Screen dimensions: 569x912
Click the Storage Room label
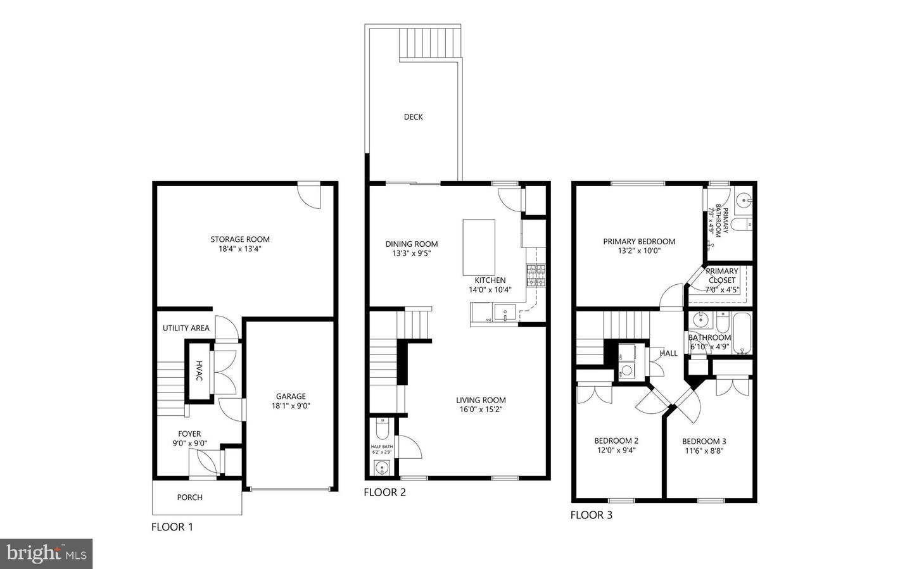(x=240, y=239)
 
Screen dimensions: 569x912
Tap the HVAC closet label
(x=199, y=371)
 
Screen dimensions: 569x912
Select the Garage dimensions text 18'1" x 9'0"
(x=291, y=406)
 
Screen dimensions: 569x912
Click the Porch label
(x=189, y=497)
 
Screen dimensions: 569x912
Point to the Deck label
(x=413, y=117)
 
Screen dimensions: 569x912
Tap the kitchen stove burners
(x=535, y=275)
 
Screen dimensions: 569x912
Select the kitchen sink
(x=505, y=311)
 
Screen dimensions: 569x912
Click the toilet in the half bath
(x=382, y=430)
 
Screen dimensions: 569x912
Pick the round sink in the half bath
(x=381, y=468)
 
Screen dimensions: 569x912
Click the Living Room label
(x=481, y=400)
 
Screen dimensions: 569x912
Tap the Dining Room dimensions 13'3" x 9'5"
(x=411, y=254)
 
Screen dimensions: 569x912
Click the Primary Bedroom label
(x=639, y=241)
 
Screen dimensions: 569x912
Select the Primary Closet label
(x=722, y=275)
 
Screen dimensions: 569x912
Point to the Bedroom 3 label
(x=704, y=441)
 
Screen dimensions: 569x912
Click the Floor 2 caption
(x=384, y=492)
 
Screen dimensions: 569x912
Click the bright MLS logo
(x=46, y=554)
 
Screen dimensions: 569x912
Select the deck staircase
(x=429, y=43)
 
